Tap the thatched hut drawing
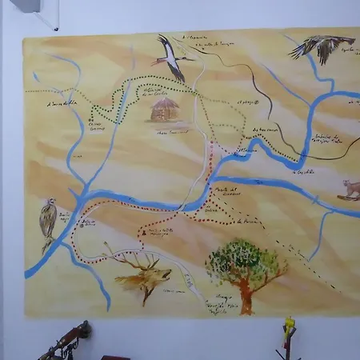click(166, 110)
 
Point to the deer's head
click(159, 277)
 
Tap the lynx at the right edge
click(350, 190)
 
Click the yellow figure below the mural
click(289, 328)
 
